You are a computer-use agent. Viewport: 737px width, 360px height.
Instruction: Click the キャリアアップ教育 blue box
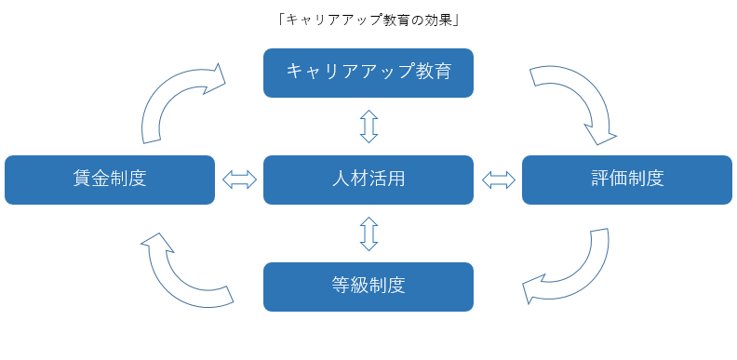(x=368, y=73)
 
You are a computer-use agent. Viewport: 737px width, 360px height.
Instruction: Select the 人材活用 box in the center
(x=368, y=180)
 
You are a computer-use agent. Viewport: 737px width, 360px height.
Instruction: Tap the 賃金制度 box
(x=109, y=180)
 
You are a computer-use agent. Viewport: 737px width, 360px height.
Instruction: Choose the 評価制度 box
(x=627, y=180)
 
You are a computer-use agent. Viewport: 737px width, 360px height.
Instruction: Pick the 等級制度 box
(x=368, y=287)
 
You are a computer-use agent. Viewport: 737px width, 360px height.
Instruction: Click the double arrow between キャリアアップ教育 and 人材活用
(x=368, y=126)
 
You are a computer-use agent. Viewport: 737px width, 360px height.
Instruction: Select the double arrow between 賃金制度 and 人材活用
(x=239, y=180)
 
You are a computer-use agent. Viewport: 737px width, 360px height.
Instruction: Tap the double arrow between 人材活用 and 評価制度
(x=498, y=180)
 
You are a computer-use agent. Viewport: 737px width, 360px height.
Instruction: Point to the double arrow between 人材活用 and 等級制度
(x=368, y=233)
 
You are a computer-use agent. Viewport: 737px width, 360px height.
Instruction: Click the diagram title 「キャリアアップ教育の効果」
(x=368, y=19)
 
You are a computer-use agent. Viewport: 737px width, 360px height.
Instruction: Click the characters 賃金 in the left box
(x=91, y=180)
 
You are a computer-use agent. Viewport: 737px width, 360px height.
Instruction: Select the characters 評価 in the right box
(x=610, y=180)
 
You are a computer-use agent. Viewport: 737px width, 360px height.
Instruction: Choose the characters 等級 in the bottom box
(x=350, y=287)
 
